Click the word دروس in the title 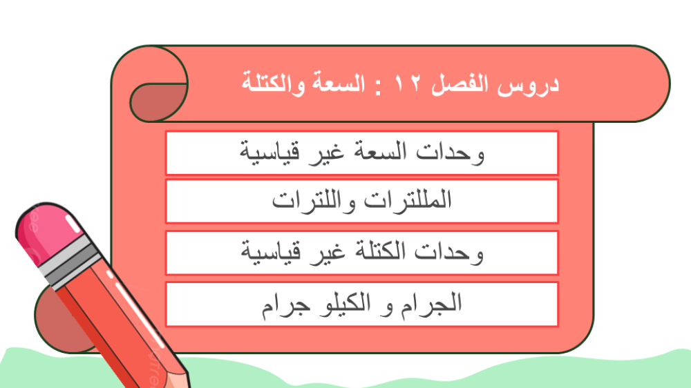[529, 84]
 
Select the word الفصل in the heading [460, 84]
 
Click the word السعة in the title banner [339, 83]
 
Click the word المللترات [408, 200]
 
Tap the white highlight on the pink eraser [73, 224]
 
